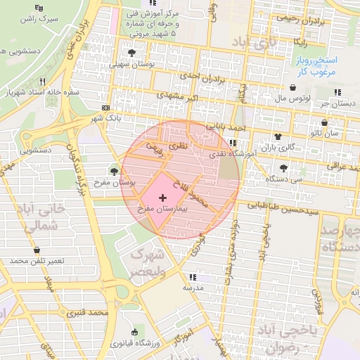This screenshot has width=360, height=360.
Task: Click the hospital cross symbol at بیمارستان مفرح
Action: (163, 198)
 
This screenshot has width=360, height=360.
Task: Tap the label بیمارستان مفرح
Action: (163, 209)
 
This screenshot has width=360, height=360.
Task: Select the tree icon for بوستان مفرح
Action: (114, 170)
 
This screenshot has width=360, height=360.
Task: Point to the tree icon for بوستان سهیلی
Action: (131, 53)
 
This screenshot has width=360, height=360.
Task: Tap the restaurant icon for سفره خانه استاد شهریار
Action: (43, 81)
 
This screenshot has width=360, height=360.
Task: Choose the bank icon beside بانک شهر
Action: (105, 108)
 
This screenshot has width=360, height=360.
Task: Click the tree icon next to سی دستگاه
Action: (283, 167)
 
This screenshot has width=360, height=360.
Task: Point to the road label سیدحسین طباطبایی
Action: (288, 209)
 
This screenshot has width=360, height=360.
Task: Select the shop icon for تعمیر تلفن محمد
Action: (37, 250)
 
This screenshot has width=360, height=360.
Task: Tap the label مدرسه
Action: (193, 288)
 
